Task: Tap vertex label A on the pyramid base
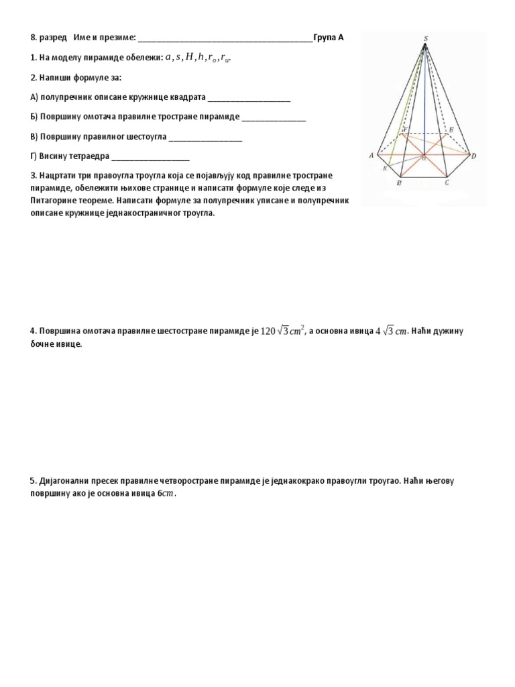coord(371,156)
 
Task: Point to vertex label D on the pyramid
coord(473,156)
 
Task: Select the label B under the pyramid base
coord(399,182)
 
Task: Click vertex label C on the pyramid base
coord(447,182)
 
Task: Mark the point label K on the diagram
coord(384,168)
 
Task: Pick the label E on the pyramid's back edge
coord(451,129)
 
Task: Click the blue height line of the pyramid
coord(424,101)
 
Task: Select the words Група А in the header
coord(329,38)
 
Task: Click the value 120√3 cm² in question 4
coord(283,331)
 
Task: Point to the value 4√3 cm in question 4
coord(391,331)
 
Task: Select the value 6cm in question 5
coord(165,494)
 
